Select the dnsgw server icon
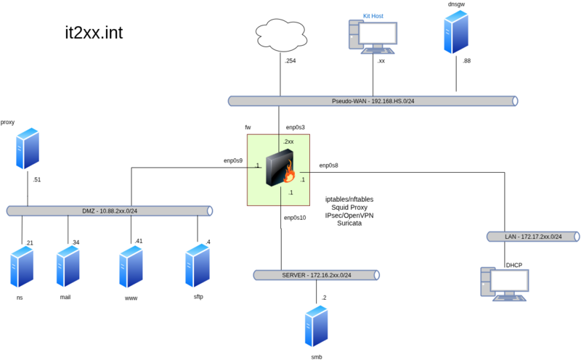pyautogui.click(x=456, y=32)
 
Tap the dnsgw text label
pyautogui.click(x=456, y=4)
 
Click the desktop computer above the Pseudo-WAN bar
pyautogui.click(x=373, y=36)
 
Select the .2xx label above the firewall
pyautogui.click(x=288, y=142)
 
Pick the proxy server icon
pyautogui.click(x=28, y=149)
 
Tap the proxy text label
pyautogui.click(x=8, y=123)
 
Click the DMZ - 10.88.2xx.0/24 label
pyautogui.click(x=110, y=211)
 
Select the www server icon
pyautogui.click(x=131, y=266)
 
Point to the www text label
pyautogui.click(x=131, y=298)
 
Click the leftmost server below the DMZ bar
pyautogui.click(x=22, y=266)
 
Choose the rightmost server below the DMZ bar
pyautogui.click(x=197, y=266)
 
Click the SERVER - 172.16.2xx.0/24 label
pyautogui.click(x=316, y=276)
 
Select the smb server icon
pyautogui.click(x=317, y=327)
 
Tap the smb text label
pyautogui.click(x=317, y=356)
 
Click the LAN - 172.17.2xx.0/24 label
pyautogui.click(x=533, y=237)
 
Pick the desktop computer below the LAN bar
pyautogui.click(x=505, y=284)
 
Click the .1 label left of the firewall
pyautogui.click(x=257, y=166)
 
